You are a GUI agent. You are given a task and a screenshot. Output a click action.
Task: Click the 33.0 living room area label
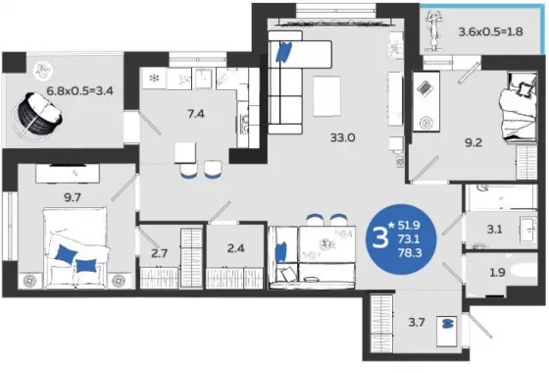point(342,137)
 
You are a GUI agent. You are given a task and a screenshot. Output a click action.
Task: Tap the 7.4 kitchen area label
point(196,114)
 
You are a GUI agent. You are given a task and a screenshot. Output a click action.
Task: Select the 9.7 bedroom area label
point(73,197)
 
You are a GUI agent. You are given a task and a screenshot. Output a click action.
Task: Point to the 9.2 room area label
point(474,142)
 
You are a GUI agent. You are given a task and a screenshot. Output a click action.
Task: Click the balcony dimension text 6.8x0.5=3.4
point(79,91)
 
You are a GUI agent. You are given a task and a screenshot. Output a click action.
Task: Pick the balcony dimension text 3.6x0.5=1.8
point(490,31)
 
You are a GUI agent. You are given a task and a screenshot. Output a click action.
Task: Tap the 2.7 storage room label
point(159,253)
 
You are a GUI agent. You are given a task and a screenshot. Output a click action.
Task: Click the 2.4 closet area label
point(235,248)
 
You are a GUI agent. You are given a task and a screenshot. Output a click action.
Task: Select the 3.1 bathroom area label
point(494,230)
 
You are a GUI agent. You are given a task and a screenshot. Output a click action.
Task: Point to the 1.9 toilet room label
point(497,272)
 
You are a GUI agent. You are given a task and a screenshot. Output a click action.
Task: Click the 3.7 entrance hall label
point(417,322)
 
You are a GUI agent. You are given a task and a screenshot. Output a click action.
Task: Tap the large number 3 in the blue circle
point(380,238)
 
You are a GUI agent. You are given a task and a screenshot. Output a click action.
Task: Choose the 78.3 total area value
point(410,252)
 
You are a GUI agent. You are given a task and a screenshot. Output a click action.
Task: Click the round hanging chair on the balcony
point(38,114)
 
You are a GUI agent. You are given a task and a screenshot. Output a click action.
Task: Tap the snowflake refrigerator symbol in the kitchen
point(154,78)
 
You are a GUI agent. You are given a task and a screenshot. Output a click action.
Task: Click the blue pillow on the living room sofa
point(284,52)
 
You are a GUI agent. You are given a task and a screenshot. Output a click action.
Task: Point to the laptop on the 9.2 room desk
point(425,88)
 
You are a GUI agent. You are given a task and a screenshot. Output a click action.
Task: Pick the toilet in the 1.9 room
point(524,271)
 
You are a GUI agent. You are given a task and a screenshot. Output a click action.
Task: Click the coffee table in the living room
point(326,96)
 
